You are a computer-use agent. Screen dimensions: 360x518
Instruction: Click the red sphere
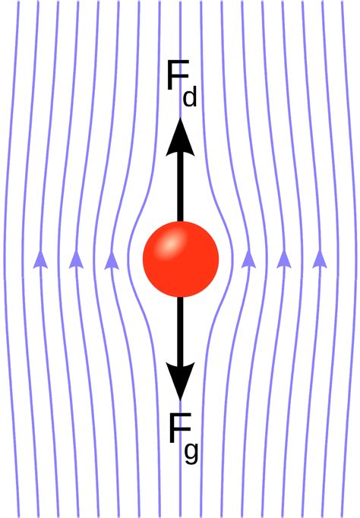[181, 259]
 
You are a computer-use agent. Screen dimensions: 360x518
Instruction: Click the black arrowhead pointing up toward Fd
[180, 137]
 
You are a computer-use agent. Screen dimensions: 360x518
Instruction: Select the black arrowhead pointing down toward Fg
[180, 381]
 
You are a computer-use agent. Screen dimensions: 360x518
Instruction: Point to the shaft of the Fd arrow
[180, 188]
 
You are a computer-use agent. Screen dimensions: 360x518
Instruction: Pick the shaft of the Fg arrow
[180, 330]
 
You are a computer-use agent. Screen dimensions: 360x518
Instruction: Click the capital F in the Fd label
[178, 75]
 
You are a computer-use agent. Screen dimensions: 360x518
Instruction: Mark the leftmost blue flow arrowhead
[40, 259]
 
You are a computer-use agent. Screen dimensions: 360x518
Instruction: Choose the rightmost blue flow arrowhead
[320, 259]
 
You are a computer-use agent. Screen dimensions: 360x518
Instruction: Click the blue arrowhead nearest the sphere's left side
[112, 261]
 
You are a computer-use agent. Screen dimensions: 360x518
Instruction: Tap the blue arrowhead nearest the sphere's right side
[248, 259]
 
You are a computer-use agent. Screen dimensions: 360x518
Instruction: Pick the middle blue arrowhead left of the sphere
[76, 259]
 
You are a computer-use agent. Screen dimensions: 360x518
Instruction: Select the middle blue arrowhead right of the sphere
[284, 259]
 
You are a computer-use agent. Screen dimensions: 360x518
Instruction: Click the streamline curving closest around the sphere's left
[128, 259]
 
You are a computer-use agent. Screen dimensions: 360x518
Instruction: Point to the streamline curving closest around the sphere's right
[233, 259]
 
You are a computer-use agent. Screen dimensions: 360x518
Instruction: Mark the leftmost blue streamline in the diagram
[5, 259]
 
